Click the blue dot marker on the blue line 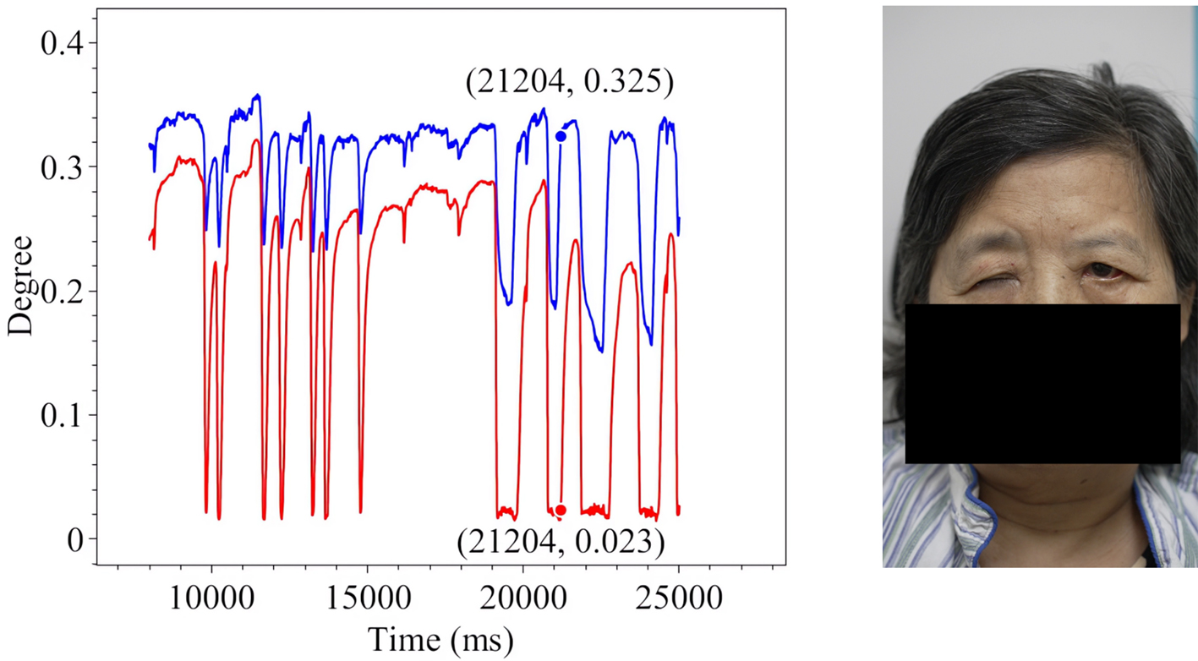tap(561, 136)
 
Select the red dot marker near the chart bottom tap(561, 510)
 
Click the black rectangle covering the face tap(1042, 383)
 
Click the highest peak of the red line tap(255, 140)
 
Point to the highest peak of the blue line tap(257, 96)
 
